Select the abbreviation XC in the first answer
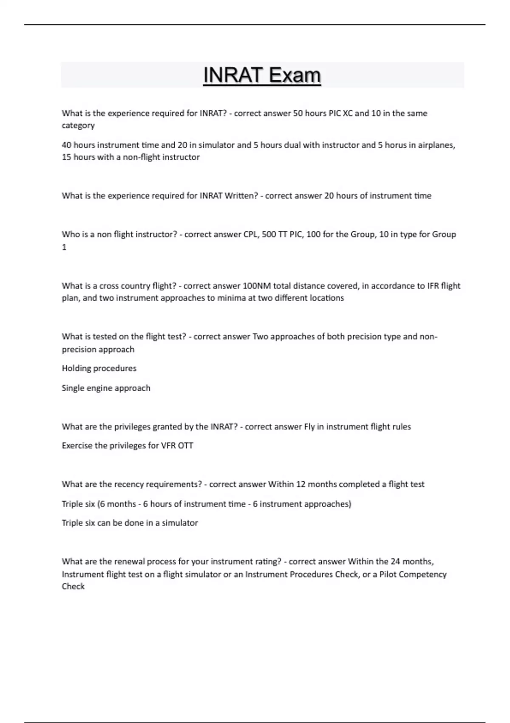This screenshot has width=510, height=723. pos(348,113)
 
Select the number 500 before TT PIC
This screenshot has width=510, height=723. pos(269,234)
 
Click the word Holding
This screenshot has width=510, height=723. pos(76,368)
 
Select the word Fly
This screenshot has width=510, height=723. pos(309,427)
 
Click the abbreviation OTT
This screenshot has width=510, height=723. pos(185,446)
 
